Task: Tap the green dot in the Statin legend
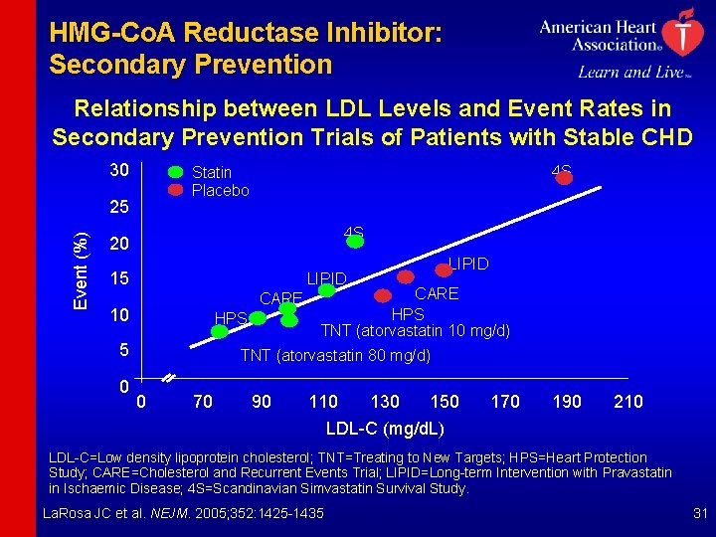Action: pos(175,172)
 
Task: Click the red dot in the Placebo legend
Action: pos(175,189)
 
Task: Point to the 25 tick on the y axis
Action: pos(119,210)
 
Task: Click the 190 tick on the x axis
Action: pos(568,401)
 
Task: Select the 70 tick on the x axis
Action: pos(202,401)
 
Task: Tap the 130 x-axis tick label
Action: pos(385,401)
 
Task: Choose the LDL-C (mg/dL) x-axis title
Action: pos(385,429)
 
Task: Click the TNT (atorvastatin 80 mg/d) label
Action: pos(336,355)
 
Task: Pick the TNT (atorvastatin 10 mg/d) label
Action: pos(416,330)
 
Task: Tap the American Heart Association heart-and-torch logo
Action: pos(681,33)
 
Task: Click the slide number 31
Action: pos(697,513)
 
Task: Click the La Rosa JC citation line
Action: pos(186,513)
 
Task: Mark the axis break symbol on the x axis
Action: pos(169,379)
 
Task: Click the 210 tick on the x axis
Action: pos(628,401)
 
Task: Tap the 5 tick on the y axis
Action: pos(122,350)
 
